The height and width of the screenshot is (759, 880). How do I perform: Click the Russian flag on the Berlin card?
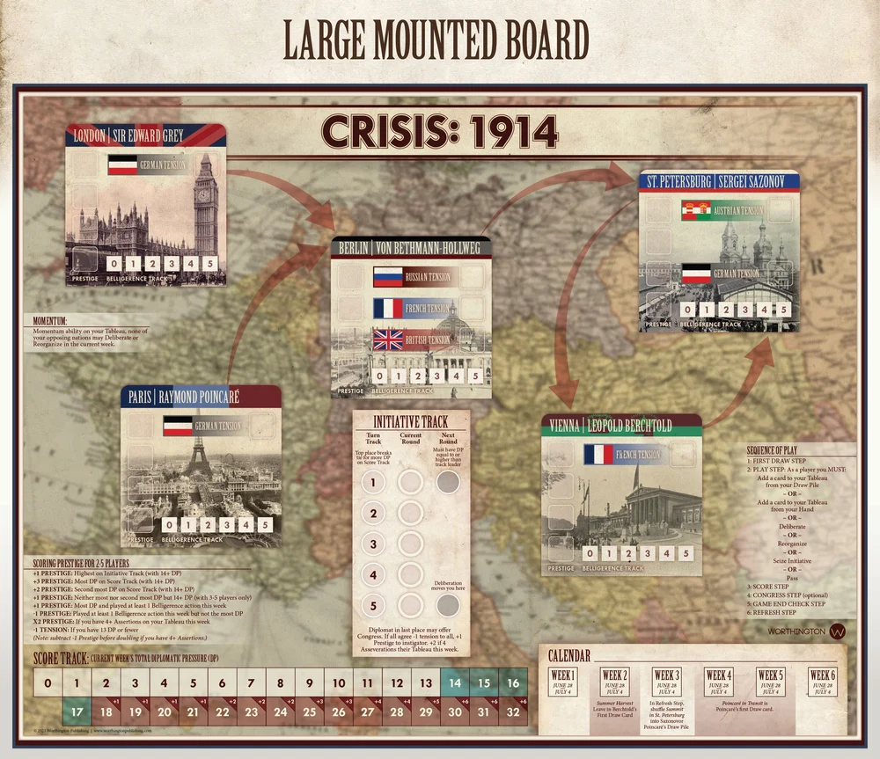click(386, 278)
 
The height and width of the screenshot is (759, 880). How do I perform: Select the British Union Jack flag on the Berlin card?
click(386, 339)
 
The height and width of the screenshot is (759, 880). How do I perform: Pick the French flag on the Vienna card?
click(598, 455)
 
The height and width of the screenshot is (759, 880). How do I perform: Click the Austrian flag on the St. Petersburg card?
click(695, 210)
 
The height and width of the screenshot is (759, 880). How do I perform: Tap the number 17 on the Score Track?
click(77, 711)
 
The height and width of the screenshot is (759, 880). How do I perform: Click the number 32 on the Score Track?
click(513, 711)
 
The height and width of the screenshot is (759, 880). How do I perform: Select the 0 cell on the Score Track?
click(48, 682)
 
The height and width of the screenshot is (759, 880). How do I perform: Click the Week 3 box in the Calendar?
click(667, 681)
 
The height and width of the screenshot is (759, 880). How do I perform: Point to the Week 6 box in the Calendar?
click(823, 681)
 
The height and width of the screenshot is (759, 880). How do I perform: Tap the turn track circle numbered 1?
click(374, 482)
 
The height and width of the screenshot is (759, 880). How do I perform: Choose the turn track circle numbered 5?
click(374, 605)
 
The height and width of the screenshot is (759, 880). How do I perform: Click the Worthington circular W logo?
click(839, 631)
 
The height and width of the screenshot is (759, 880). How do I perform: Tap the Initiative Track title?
click(411, 421)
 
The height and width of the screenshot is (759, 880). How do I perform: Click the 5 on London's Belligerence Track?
click(209, 264)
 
